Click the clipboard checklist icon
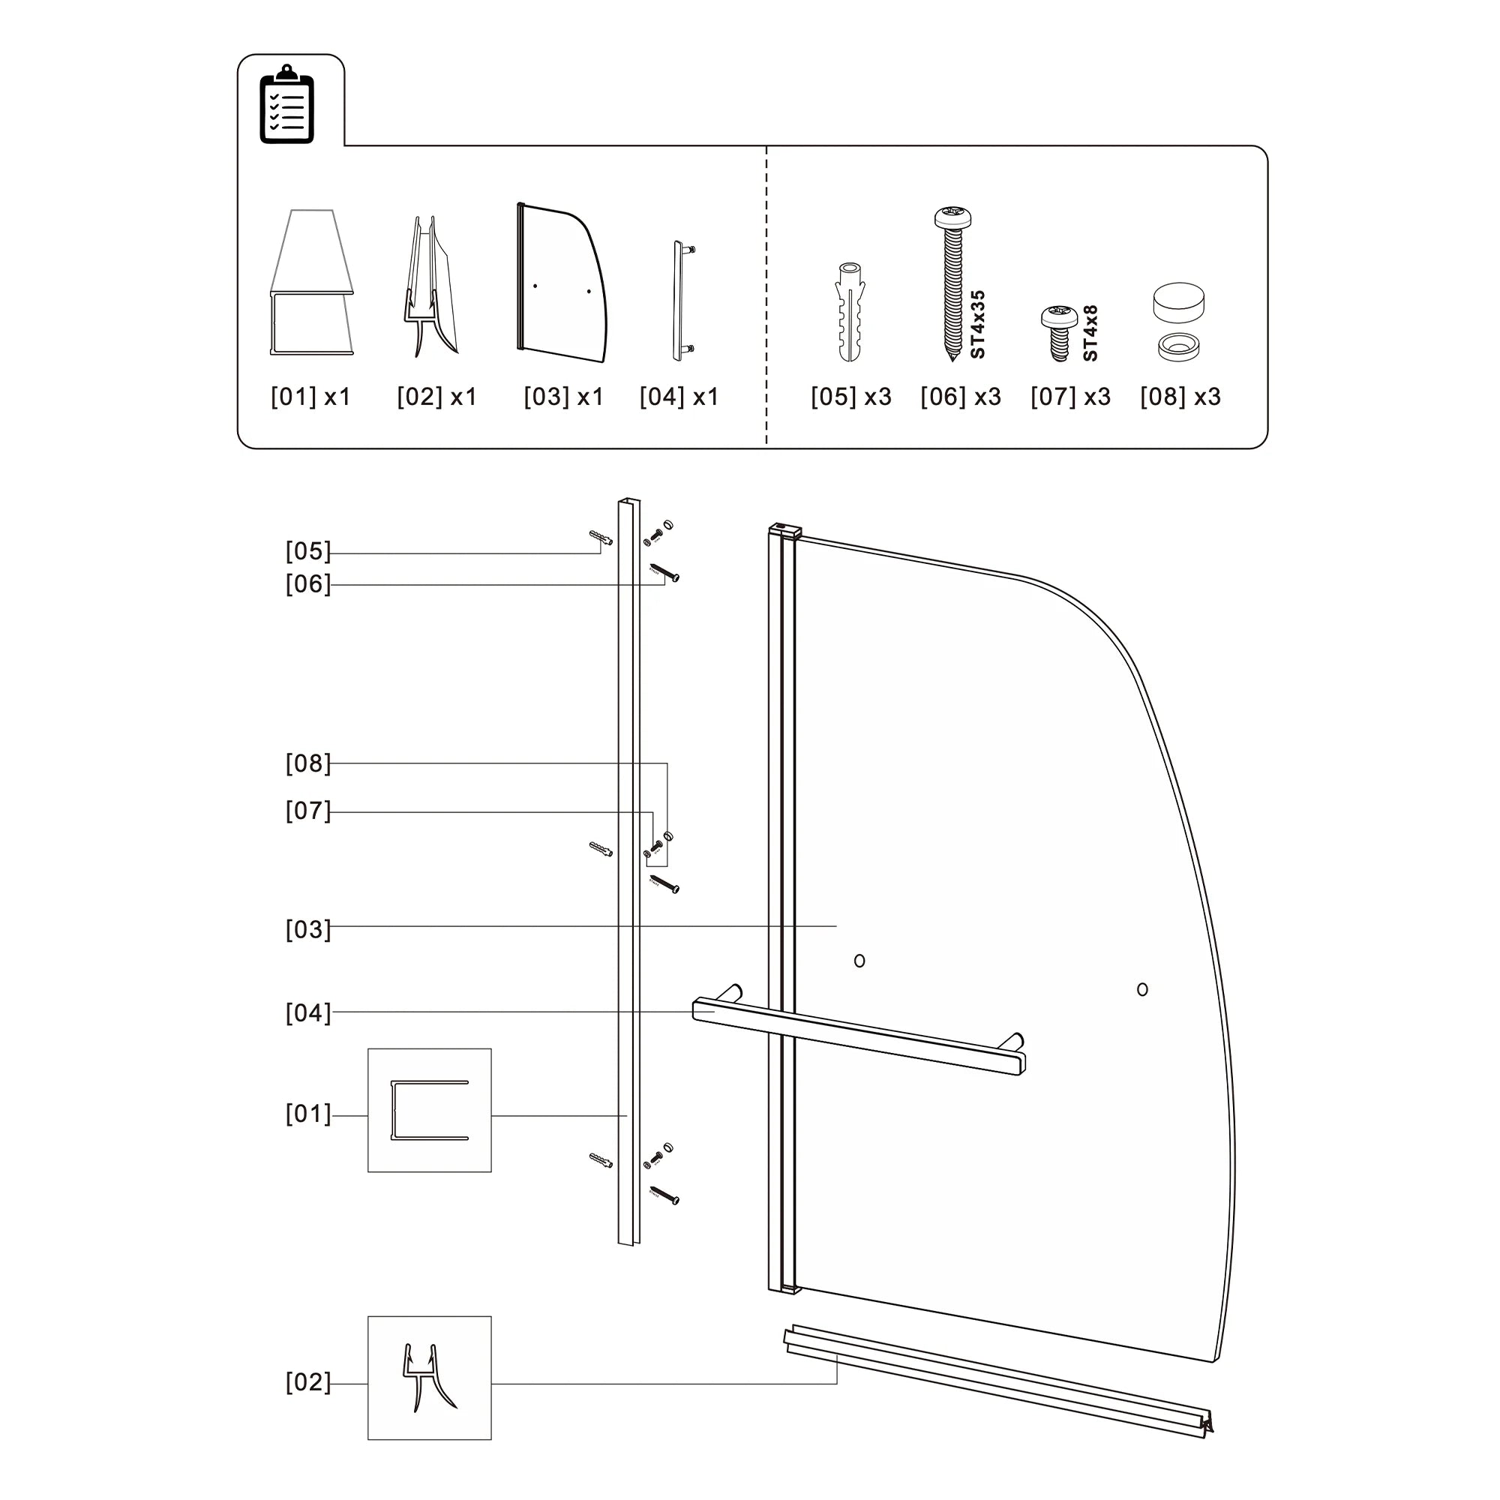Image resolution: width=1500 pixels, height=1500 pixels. click(286, 104)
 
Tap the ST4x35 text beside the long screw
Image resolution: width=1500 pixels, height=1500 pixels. click(977, 324)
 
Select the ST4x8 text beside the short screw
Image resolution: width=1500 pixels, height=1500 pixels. click(1090, 333)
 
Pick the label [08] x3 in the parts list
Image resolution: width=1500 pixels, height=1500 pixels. click(1180, 397)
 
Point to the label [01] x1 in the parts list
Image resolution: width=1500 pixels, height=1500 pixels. click(310, 397)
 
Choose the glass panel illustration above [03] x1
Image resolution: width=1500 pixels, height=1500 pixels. click(560, 283)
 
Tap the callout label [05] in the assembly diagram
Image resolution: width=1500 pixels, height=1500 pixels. click(308, 551)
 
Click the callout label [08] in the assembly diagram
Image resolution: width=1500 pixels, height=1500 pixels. click(308, 763)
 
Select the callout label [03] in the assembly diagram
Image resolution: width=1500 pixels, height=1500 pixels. click(308, 929)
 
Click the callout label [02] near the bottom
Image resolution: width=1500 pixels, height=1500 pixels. click(308, 1382)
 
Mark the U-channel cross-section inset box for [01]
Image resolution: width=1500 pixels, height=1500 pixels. click(429, 1110)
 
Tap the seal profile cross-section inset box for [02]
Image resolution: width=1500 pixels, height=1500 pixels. click(429, 1377)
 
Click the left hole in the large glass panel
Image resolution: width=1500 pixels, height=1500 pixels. click(859, 961)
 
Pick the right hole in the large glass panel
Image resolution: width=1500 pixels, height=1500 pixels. click(1142, 989)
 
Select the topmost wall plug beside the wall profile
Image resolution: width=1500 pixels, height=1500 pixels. click(601, 538)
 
